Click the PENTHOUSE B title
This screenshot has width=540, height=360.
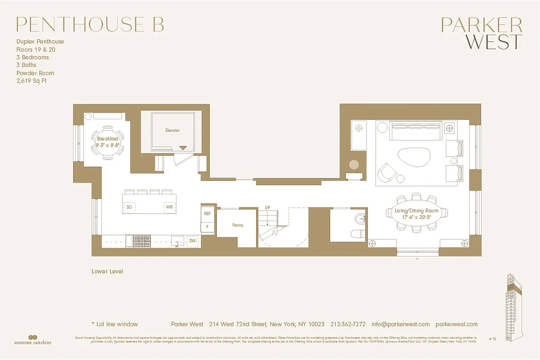(90, 25)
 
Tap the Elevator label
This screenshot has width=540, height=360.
(172, 130)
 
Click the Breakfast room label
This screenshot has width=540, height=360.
(108, 139)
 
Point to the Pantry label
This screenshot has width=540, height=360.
(238, 225)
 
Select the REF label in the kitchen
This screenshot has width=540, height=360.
(207, 214)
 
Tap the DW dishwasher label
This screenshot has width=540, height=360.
(193, 241)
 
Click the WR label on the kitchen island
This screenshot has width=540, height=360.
(169, 207)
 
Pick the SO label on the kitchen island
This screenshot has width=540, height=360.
(129, 207)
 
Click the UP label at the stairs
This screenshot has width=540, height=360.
(268, 207)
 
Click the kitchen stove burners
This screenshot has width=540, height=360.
(139, 242)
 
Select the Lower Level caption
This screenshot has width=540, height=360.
(107, 271)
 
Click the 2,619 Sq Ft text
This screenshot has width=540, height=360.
(31, 81)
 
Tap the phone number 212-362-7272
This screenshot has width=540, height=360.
(348, 324)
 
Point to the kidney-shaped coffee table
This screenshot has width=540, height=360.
(413, 158)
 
